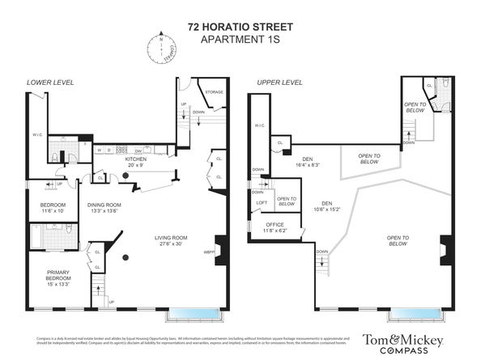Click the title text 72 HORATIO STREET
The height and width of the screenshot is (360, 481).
pos(240,26)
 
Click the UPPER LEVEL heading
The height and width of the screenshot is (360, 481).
pos(279,83)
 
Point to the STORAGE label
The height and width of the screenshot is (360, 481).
pos(214,93)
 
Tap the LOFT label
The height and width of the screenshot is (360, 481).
pos(262,203)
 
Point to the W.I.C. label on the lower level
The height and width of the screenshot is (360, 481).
pos(37,135)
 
